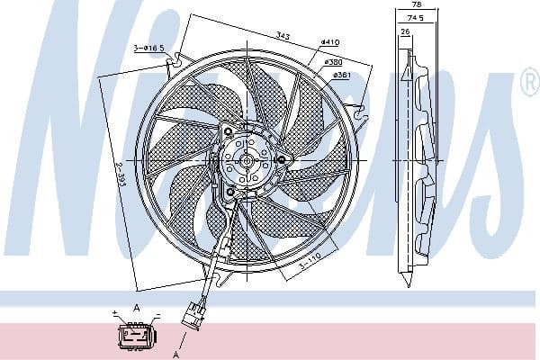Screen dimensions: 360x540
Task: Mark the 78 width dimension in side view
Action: click(x=415, y=5)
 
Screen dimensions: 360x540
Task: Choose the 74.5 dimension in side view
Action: click(x=414, y=17)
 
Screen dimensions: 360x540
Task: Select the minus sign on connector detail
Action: click(x=156, y=316)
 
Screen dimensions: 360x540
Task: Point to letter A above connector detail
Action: click(x=137, y=308)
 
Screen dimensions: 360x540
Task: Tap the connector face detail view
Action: click(x=136, y=336)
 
